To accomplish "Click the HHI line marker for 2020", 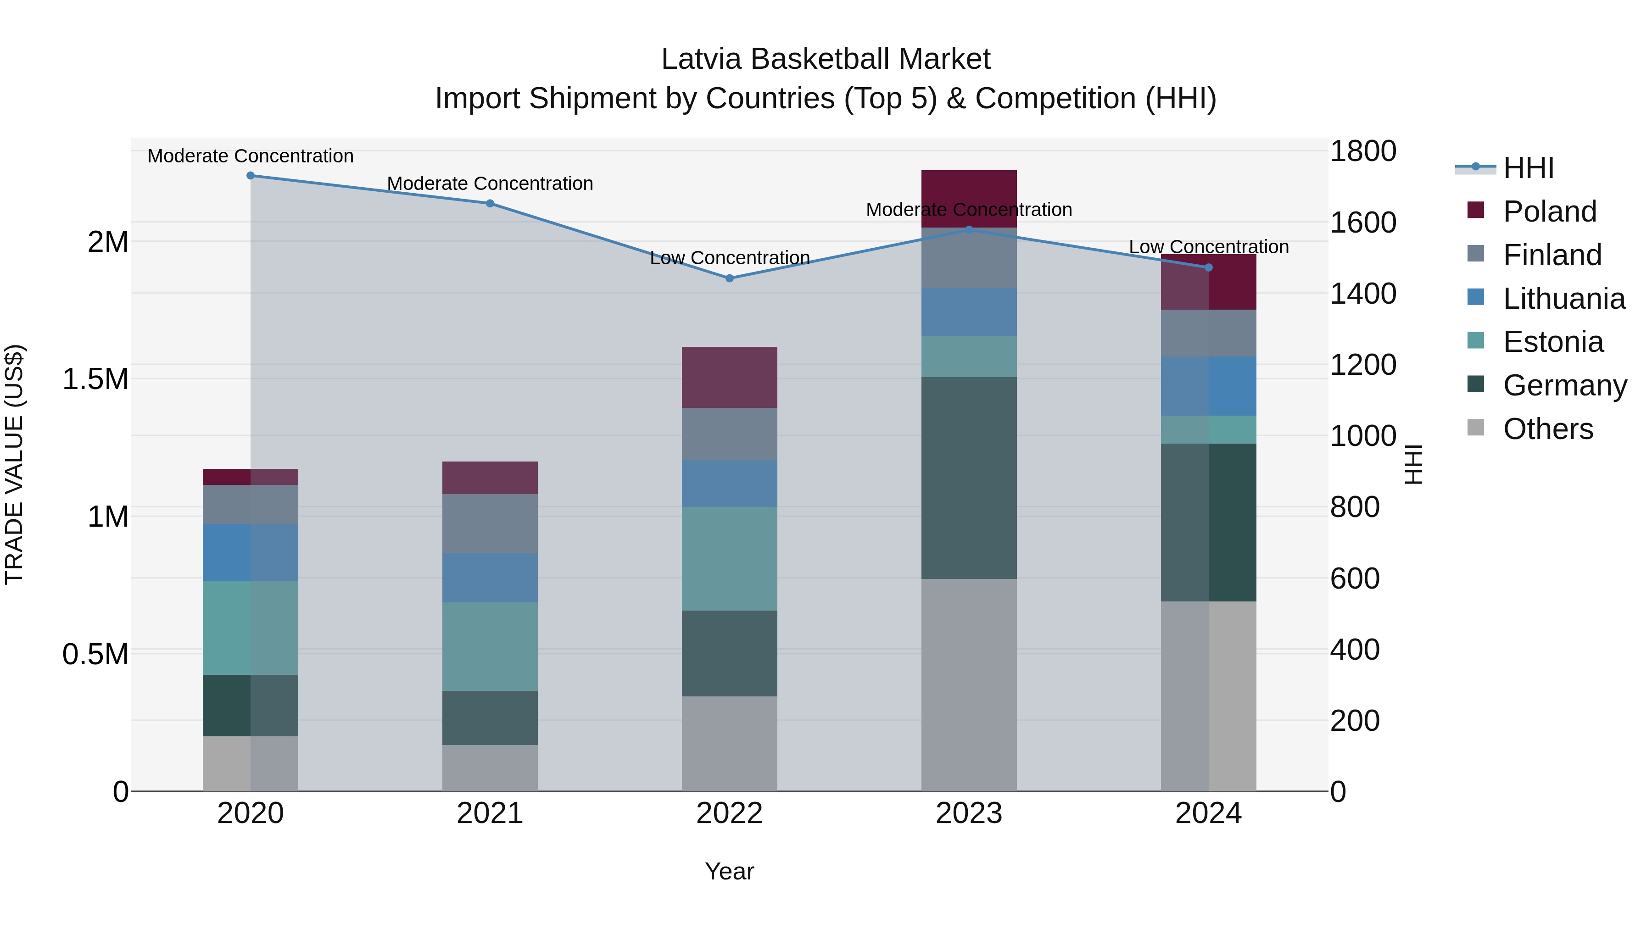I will point(251,176).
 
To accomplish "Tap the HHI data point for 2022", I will point(729,278).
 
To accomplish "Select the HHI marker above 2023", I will point(969,229).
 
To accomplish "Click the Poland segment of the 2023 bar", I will point(969,199).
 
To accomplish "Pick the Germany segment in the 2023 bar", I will point(969,478).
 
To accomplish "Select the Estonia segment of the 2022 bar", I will point(729,558).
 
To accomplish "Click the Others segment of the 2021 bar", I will point(490,768).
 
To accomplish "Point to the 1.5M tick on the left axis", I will point(95,379).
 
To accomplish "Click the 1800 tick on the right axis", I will point(1363,151).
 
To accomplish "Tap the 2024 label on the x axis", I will point(1208,813).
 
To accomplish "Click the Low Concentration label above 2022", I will point(730,258).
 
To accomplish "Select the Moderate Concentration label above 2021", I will point(490,184).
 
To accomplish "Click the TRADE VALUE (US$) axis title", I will point(14,464).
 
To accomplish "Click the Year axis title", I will point(729,871).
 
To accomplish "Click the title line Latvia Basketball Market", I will point(826,59).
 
